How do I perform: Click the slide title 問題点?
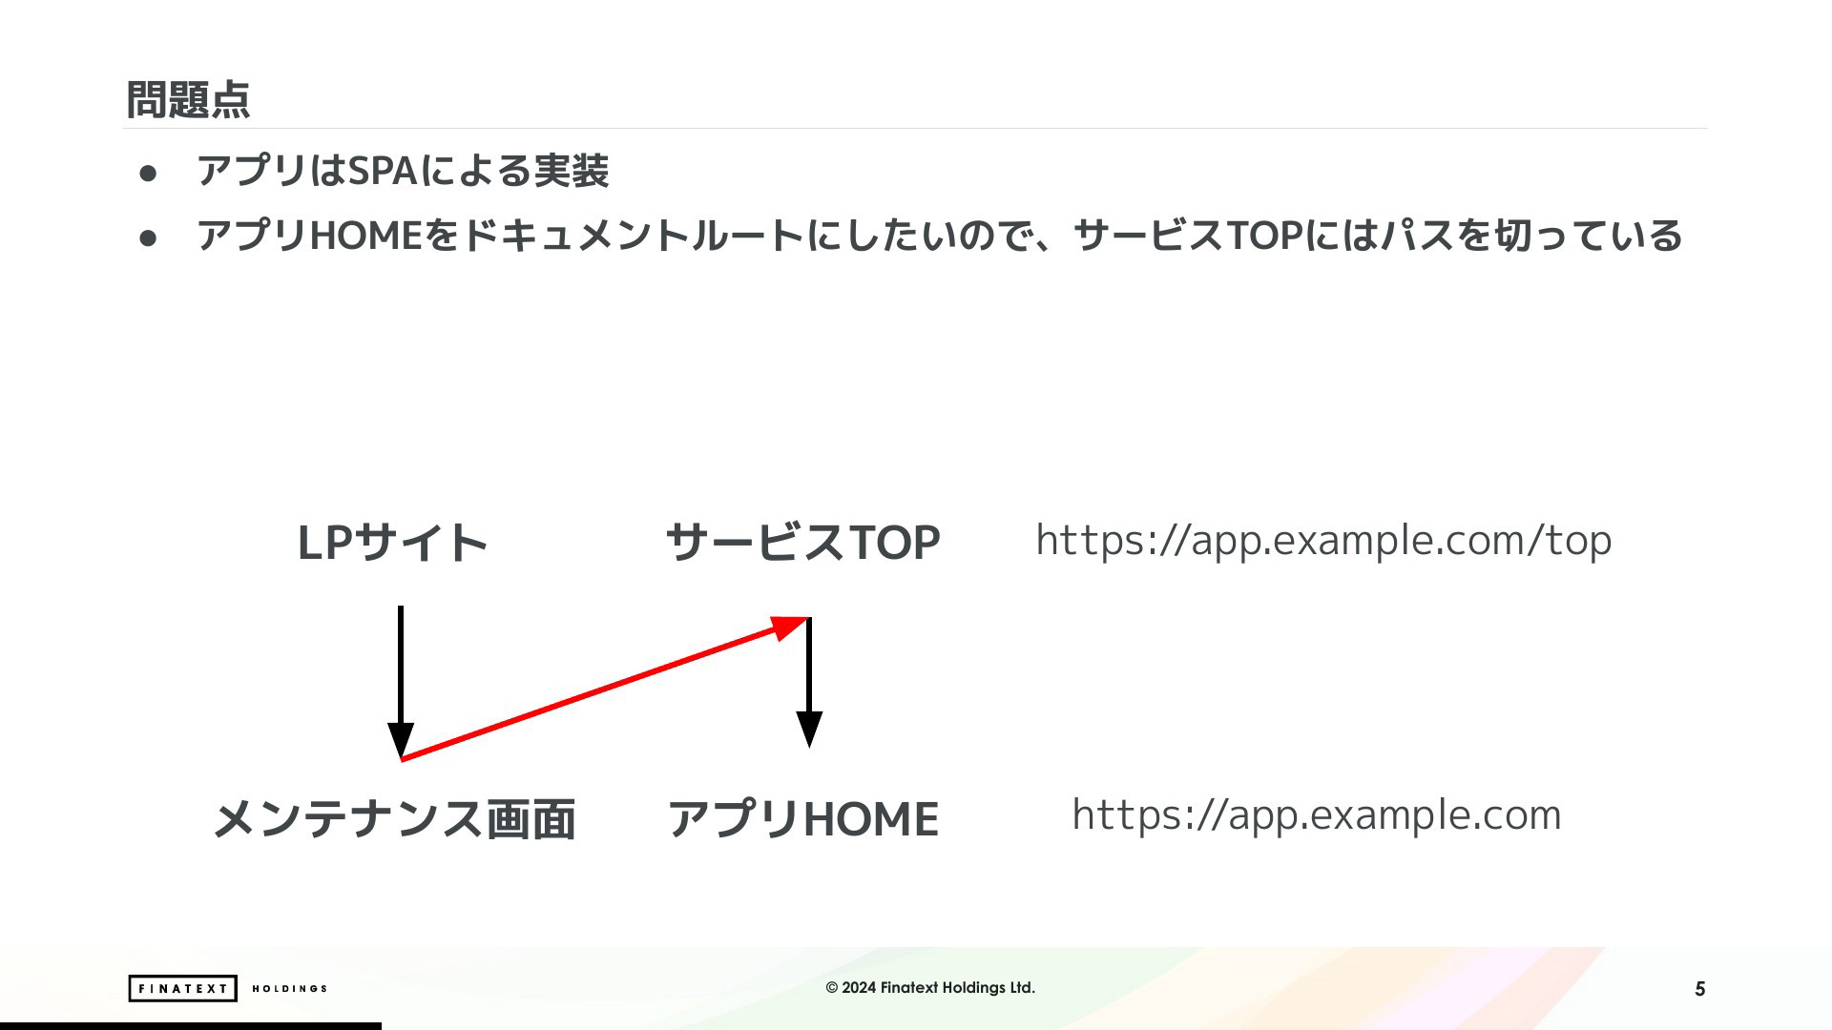point(188,99)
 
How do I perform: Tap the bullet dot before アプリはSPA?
point(148,173)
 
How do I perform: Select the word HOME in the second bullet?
point(366,236)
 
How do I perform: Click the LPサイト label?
point(392,543)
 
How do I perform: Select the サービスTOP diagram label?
point(802,543)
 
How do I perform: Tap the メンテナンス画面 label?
point(393,819)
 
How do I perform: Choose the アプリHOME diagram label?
point(802,819)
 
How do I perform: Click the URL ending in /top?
point(1323,541)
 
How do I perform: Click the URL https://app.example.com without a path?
point(1317,815)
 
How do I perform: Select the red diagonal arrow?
point(605,688)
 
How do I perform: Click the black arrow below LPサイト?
point(401,682)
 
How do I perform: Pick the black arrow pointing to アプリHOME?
point(809,683)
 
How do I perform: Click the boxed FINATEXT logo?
point(182,988)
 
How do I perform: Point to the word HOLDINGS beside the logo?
point(289,989)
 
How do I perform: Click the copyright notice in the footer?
point(930,988)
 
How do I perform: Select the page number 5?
point(1699,989)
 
